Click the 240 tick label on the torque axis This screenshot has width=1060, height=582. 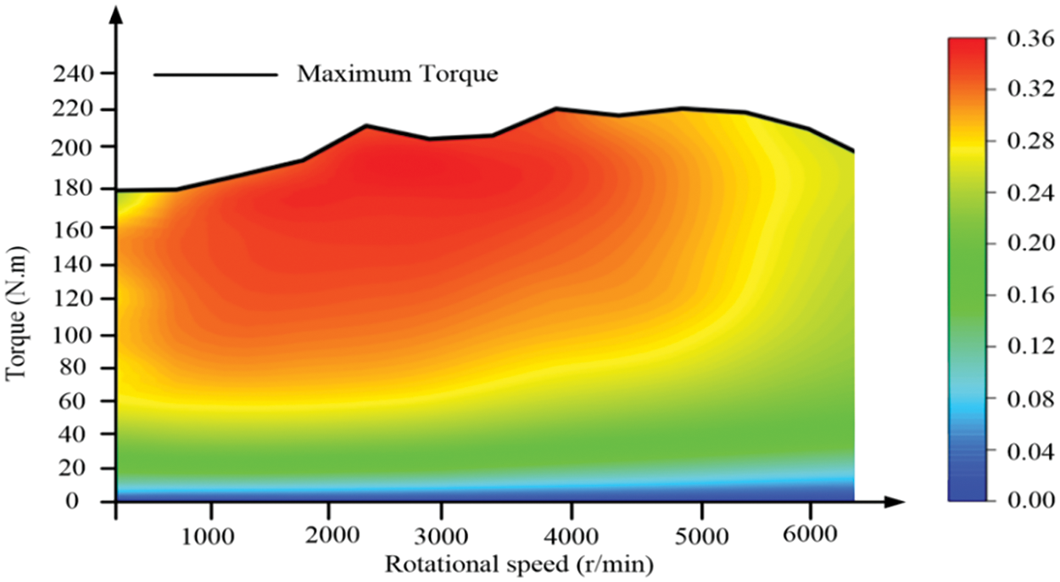click(x=74, y=74)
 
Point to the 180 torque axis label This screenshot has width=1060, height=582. click(x=74, y=188)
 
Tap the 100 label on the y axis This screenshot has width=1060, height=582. click(x=74, y=335)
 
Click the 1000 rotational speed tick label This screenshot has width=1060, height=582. click(x=211, y=538)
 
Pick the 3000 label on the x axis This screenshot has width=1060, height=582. click(x=451, y=538)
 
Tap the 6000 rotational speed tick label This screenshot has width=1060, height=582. click(x=811, y=538)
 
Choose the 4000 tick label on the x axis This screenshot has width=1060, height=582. click(x=572, y=538)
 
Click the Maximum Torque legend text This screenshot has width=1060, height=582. click(x=397, y=74)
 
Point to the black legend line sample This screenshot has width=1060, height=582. click(x=215, y=75)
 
